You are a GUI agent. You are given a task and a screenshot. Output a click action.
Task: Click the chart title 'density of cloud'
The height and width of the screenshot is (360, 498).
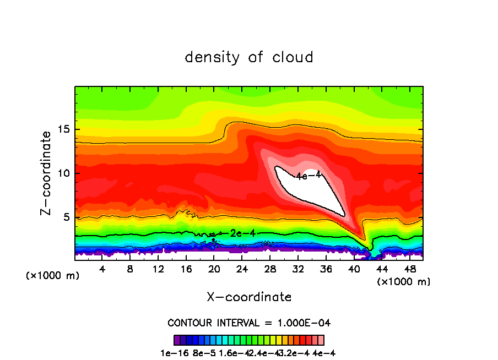249,57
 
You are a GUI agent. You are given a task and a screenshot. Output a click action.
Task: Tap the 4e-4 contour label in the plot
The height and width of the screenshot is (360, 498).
308,176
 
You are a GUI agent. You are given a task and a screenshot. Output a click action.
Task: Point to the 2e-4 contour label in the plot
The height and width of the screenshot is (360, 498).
242,233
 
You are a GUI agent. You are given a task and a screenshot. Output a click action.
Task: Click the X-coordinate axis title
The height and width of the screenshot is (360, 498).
249,297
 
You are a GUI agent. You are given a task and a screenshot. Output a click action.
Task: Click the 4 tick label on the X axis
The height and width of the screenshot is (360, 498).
102,269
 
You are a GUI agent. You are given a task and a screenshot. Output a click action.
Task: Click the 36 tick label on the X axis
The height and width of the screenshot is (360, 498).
327,269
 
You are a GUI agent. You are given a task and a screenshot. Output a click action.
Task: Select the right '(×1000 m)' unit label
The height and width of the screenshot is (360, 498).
404,282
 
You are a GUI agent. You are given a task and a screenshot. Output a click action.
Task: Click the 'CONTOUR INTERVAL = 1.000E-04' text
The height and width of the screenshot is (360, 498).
249,323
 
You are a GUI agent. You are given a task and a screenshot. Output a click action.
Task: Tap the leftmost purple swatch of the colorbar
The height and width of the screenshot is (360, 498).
177,340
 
